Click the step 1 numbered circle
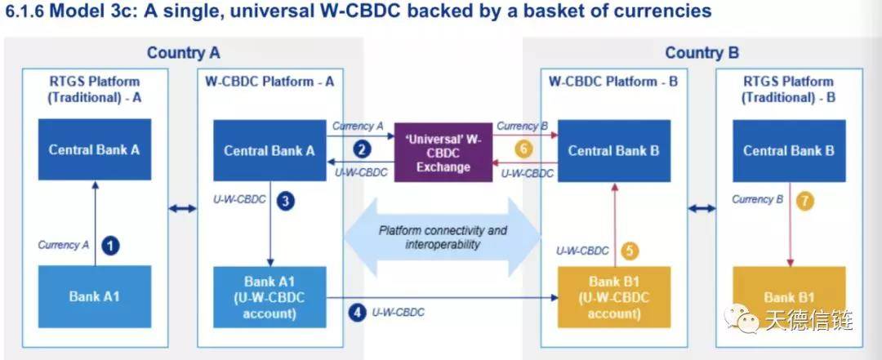pos(111,246)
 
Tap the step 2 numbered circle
pos(363,149)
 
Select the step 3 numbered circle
pos(286,201)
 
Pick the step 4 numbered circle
pos(357,312)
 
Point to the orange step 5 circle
pos(630,251)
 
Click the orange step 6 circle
pos(523,149)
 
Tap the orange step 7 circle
pos(805,201)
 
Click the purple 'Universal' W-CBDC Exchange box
pos(443,152)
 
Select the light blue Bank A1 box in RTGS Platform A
pos(95,296)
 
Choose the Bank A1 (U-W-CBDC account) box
pos(269,297)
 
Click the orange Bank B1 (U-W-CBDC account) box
pos(614,297)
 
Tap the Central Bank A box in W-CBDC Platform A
pos(269,150)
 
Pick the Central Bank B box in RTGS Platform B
pos(789,150)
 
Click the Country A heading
pos(184,53)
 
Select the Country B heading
pos(702,53)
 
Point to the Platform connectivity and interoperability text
pos(443,238)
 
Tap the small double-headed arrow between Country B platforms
pos(702,209)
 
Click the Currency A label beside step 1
pos(64,245)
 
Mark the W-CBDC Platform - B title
pos(613,82)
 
